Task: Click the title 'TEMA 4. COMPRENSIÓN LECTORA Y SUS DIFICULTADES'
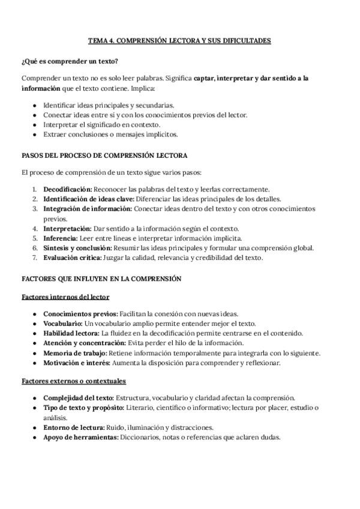point(179,41)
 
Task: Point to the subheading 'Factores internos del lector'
point(65,297)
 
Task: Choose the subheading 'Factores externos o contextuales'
point(74,381)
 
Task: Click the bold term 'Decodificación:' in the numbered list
point(67,189)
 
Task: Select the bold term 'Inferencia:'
point(61,238)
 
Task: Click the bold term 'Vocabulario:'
point(63,323)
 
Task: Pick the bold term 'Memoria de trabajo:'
point(75,352)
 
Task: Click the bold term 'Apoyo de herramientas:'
point(80,437)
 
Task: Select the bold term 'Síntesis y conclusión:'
point(77,247)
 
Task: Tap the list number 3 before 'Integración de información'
point(35,209)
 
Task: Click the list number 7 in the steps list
point(35,258)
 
